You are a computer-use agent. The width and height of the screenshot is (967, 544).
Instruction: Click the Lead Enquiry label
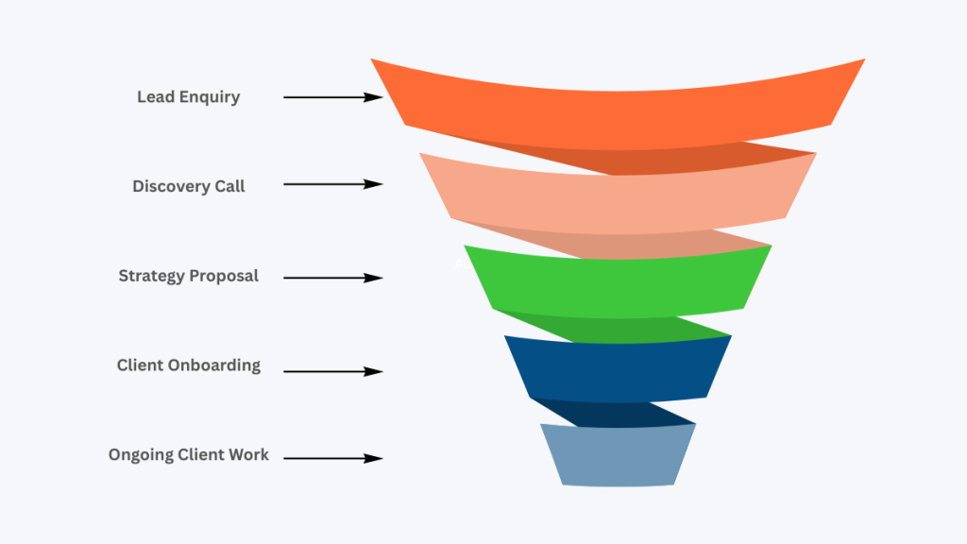(188, 97)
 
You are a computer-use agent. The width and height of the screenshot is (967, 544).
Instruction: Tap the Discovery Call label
(188, 186)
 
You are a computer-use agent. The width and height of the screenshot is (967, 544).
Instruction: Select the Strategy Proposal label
(188, 277)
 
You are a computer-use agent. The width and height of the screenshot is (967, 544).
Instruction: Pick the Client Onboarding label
(188, 365)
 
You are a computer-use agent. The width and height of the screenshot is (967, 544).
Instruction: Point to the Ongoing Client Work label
(188, 455)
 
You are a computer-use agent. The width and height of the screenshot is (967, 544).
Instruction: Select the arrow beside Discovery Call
(332, 184)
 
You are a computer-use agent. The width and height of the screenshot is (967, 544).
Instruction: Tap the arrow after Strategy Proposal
(332, 278)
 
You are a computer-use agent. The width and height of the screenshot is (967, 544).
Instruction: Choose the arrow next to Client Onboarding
(332, 371)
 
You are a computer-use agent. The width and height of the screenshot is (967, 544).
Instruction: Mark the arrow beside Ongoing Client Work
(332, 458)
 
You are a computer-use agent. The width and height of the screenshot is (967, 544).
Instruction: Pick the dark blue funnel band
(618, 367)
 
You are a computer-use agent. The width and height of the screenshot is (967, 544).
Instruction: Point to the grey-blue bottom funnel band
(618, 454)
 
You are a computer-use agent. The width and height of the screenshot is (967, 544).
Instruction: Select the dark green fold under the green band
(642, 328)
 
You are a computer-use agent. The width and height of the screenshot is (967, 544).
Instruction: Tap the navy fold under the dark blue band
(623, 413)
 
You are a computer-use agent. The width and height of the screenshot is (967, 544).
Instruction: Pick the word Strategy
(151, 277)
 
